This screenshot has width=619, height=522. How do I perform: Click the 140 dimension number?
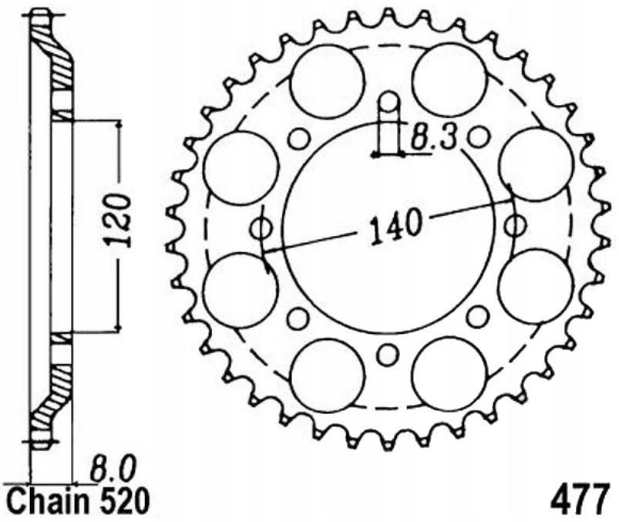(396, 225)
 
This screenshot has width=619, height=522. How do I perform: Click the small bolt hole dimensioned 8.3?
(389, 101)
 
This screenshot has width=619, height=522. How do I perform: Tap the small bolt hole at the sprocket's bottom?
(388, 355)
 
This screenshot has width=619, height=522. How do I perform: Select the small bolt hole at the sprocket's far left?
(262, 228)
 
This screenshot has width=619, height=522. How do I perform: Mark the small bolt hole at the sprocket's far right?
(516, 226)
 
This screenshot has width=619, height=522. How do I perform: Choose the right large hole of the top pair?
(450, 79)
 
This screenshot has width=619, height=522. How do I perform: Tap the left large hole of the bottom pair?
(327, 376)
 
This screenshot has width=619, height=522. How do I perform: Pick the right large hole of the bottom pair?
(450, 374)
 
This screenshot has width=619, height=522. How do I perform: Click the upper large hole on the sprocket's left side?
(244, 167)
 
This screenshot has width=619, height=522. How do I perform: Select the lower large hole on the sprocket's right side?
(536, 286)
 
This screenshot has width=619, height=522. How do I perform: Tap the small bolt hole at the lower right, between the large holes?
(478, 315)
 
